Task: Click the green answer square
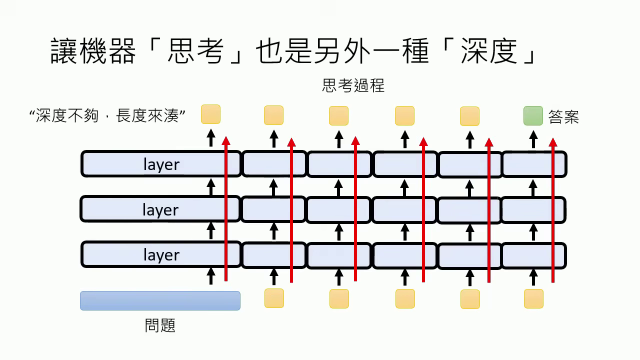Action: click(533, 115)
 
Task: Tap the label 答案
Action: click(563, 116)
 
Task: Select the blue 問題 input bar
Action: click(160, 300)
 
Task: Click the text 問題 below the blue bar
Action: click(160, 326)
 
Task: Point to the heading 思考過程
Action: click(353, 85)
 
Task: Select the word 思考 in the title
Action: click(195, 52)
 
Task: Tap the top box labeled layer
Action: click(161, 164)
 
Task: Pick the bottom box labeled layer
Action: click(161, 255)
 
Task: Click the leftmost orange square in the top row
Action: click(210, 114)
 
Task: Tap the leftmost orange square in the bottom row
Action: click(274, 298)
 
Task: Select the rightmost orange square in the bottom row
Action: click(533, 298)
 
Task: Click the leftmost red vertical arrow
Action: click(226, 210)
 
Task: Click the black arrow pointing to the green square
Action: click(533, 139)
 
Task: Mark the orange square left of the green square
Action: click(469, 116)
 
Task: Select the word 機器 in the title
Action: click(107, 52)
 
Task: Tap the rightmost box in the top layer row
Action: click(534, 164)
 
